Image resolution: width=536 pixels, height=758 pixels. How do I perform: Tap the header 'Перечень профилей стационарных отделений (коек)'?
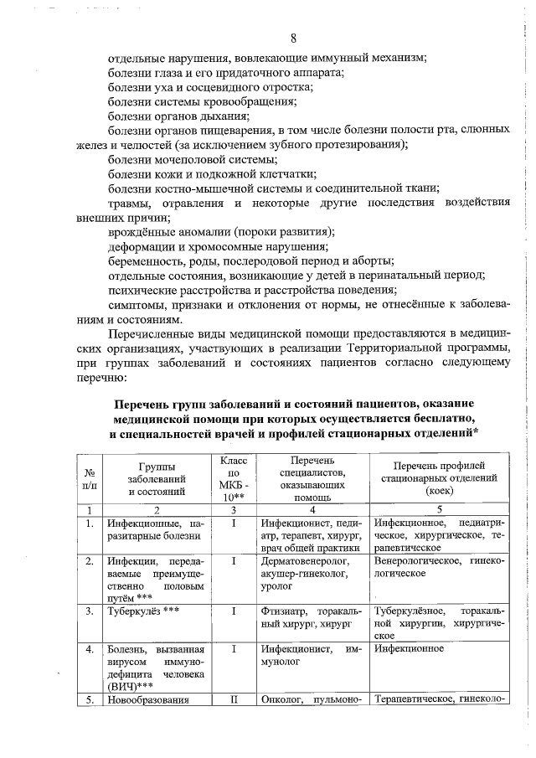(x=439, y=477)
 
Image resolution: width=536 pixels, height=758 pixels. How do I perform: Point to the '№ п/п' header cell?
(x=89, y=478)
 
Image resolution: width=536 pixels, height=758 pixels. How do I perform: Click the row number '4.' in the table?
(x=89, y=649)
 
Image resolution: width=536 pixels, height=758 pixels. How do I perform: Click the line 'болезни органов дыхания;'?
(x=178, y=116)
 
